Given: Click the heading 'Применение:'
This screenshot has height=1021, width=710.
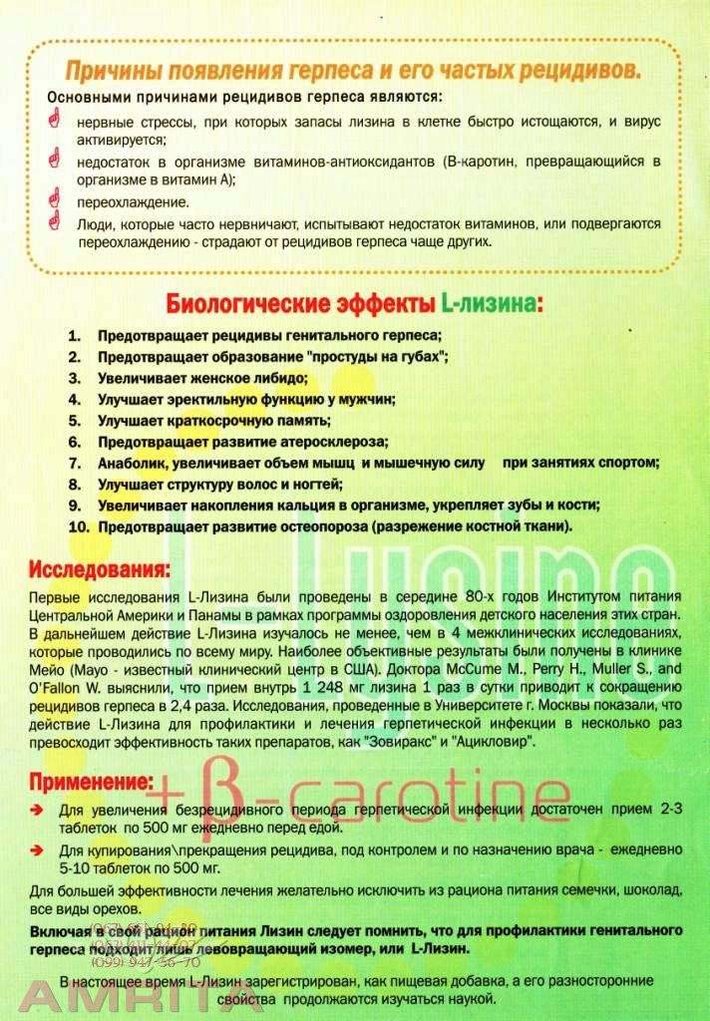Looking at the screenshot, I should coord(91,780).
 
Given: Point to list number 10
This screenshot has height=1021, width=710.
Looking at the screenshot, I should coord(79,525).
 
